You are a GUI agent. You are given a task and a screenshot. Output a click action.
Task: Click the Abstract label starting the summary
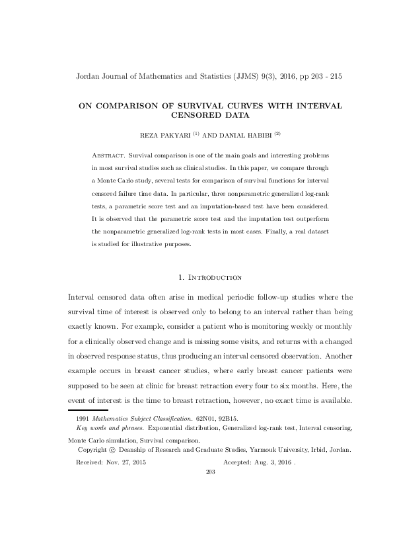click(x=109, y=153)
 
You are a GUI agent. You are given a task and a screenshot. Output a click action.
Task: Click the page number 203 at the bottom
click(x=211, y=472)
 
